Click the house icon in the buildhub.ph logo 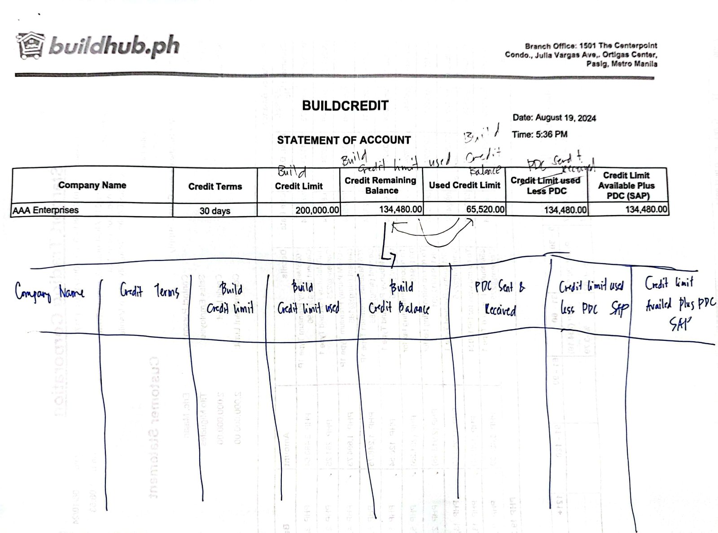[x=31, y=45]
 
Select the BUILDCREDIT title [x=345, y=106]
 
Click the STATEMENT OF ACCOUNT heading [x=343, y=140]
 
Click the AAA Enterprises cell [x=46, y=210]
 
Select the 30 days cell [x=215, y=211]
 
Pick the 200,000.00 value [x=317, y=210]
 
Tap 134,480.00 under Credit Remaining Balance [x=400, y=209]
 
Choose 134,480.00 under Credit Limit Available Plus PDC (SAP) [x=646, y=209]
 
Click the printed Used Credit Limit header [x=464, y=185]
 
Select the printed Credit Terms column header [x=215, y=186]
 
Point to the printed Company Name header [x=92, y=185]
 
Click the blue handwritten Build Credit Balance [x=399, y=298]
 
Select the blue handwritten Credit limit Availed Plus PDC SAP [x=678, y=303]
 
